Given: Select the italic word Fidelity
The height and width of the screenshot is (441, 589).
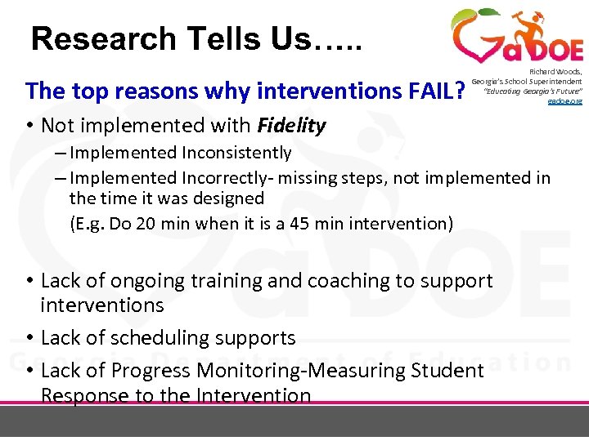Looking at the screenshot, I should click(x=291, y=126).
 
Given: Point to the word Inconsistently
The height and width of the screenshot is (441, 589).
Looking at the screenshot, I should click(x=236, y=153).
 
